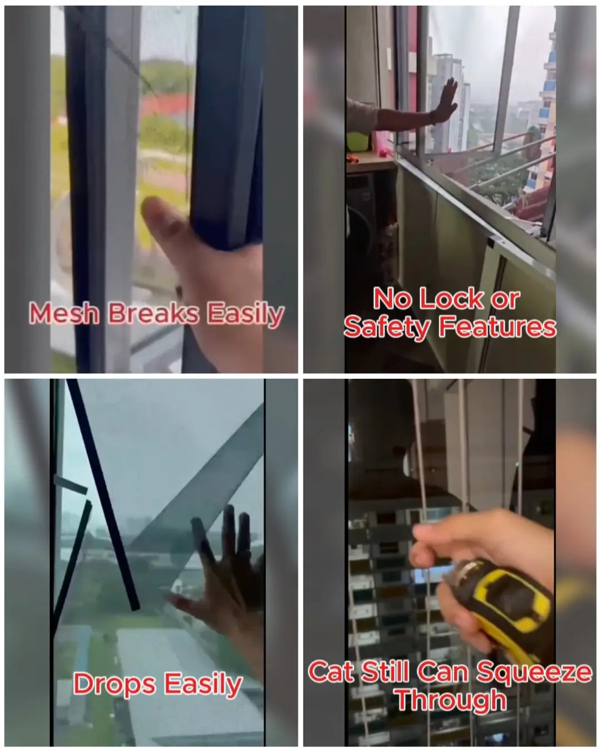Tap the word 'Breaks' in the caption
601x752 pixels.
154,313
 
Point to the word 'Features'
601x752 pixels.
496,327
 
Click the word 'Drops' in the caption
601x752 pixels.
115,685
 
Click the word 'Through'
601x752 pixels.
451,700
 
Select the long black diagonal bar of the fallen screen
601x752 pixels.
103,495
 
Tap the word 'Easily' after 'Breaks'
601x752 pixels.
246,314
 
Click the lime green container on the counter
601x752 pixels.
358,141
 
